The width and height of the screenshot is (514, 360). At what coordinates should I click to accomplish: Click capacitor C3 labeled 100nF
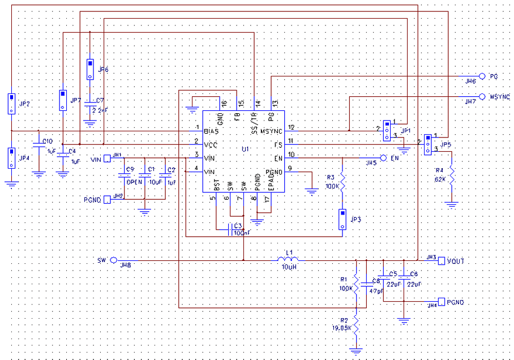(230, 229)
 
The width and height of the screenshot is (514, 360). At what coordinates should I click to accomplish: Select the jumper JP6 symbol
(90, 69)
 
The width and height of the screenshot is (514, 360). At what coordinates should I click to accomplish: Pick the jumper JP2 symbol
(10, 104)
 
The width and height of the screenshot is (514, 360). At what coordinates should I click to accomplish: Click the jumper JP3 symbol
(342, 219)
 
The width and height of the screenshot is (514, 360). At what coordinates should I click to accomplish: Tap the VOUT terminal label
(456, 260)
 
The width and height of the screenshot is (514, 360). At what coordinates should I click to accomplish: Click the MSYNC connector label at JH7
(499, 97)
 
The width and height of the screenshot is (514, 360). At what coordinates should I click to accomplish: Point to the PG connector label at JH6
(494, 76)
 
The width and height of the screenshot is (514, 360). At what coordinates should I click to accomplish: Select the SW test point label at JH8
(102, 260)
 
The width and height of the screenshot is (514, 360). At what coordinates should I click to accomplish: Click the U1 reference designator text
(245, 149)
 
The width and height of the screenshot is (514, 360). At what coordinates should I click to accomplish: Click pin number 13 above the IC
(275, 103)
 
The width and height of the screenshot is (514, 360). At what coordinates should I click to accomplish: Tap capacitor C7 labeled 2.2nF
(90, 105)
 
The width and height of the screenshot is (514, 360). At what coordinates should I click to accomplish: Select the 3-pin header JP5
(429, 144)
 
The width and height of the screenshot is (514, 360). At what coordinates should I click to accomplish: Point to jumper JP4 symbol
(10, 157)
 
